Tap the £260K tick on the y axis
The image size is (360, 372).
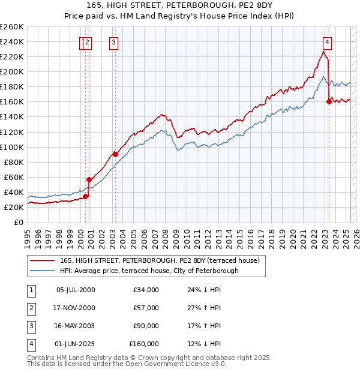[x=12, y=27]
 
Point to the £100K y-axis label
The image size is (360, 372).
[x=12, y=147]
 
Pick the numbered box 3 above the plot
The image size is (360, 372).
[x=113, y=42]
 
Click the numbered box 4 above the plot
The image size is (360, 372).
[x=327, y=42]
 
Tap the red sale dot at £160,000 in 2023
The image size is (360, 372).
[x=329, y=101]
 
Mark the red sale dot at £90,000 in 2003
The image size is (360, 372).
[x=115, y=154]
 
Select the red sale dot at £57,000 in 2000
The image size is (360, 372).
[x=89, y=179]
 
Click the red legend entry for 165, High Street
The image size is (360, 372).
[x=159, y=260]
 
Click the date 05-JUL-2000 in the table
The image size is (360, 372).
[x=76, y=290]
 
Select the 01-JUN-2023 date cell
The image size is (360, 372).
[x=76, y=344]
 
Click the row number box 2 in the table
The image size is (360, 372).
[x=29, y=308]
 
